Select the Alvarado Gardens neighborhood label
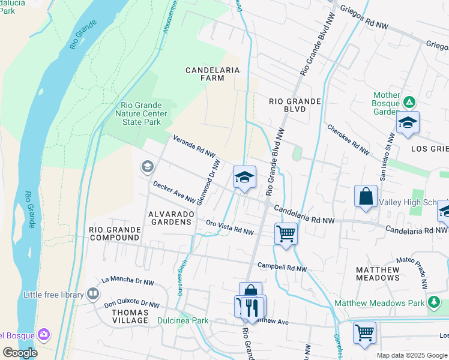pos(170,217)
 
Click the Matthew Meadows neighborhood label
pos(378,274)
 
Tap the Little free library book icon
pos(92,294)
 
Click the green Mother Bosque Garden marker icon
pos(409,103)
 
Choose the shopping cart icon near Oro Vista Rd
pos(286,233)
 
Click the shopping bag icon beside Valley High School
pos(366,196)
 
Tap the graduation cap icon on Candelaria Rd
pos(244,178)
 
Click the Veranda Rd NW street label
pos(194,146)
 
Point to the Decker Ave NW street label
pos(173,191)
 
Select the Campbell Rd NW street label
pos(282,267)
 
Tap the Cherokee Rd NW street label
pos(348,140)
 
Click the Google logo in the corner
pos(20,352)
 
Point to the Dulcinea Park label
pos(183,320)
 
